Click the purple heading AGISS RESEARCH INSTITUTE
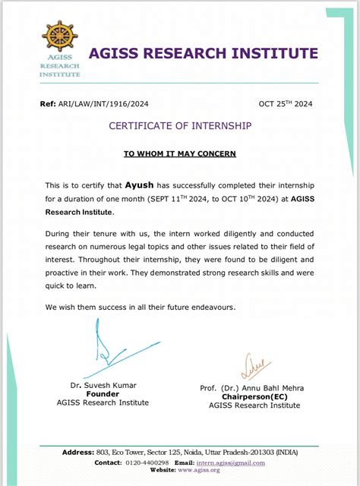pos(204,53)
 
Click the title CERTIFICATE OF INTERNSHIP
pos(180,125)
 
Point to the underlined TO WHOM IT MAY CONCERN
pos(180,153)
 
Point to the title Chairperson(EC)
pos(254,396)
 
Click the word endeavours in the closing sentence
pos(213,307)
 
